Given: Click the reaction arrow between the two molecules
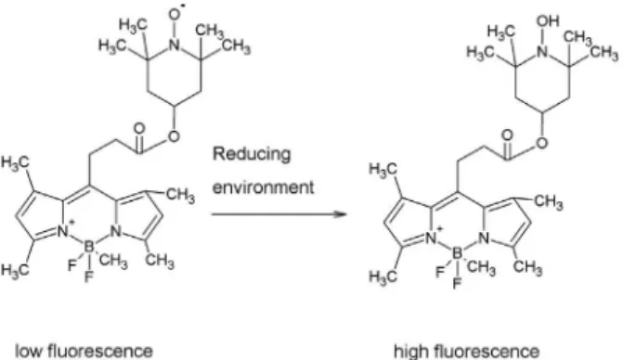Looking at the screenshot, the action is [279, 214].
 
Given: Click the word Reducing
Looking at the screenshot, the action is [252, 154].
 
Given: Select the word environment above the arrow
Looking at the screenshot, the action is [263, 186].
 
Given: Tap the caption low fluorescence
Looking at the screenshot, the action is [84, 351].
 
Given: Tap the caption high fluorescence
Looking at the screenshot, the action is [466, 352].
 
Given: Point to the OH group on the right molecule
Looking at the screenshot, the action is [548, 21].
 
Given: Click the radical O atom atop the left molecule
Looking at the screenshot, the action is [175, 14].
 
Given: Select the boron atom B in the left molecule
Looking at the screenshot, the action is [89, 247].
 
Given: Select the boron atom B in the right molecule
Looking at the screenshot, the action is [458, 252].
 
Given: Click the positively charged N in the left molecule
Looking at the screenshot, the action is [63, 230].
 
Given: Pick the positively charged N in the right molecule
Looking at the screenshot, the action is [432, 237].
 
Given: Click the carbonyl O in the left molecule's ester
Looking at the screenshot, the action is [139, 129].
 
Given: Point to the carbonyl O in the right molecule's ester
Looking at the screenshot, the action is [507, 135].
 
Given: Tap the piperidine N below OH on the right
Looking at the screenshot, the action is [542, 51].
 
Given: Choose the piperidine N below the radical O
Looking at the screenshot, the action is [174, 45].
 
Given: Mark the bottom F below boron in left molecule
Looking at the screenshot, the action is [88, 276].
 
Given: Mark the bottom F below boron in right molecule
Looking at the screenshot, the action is [457, 283].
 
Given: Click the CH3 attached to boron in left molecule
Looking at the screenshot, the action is [113, 262].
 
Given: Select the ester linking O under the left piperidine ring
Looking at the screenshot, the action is [174, 136].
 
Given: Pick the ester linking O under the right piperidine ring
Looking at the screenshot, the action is [542, 143].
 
